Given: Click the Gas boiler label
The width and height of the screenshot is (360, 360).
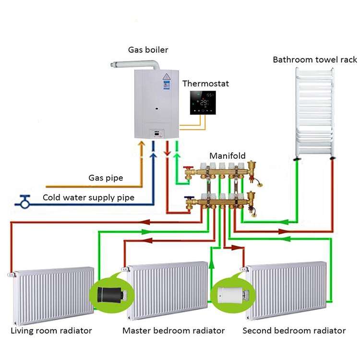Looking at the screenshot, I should pyautogui.click(x=148, y=49).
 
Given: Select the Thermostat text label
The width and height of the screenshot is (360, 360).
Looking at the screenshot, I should pyautogui.click(x=205, y=84).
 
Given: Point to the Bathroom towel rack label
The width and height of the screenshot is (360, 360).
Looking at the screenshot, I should pyautogui.click(x=315, y=60).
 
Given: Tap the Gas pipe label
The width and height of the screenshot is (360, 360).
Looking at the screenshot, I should pyautogui.click(x=106, y=178).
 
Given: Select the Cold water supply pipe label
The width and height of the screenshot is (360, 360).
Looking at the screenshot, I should pyautogui.click(x=88, y=197).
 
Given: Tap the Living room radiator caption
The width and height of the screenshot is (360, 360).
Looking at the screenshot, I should pyautogui.click(x=51, y=331).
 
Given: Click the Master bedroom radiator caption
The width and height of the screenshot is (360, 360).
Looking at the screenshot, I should pyautogui.click(x=173, y=331).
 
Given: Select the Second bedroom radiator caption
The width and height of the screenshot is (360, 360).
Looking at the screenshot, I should pyautogui.click(x=294, y=331).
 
